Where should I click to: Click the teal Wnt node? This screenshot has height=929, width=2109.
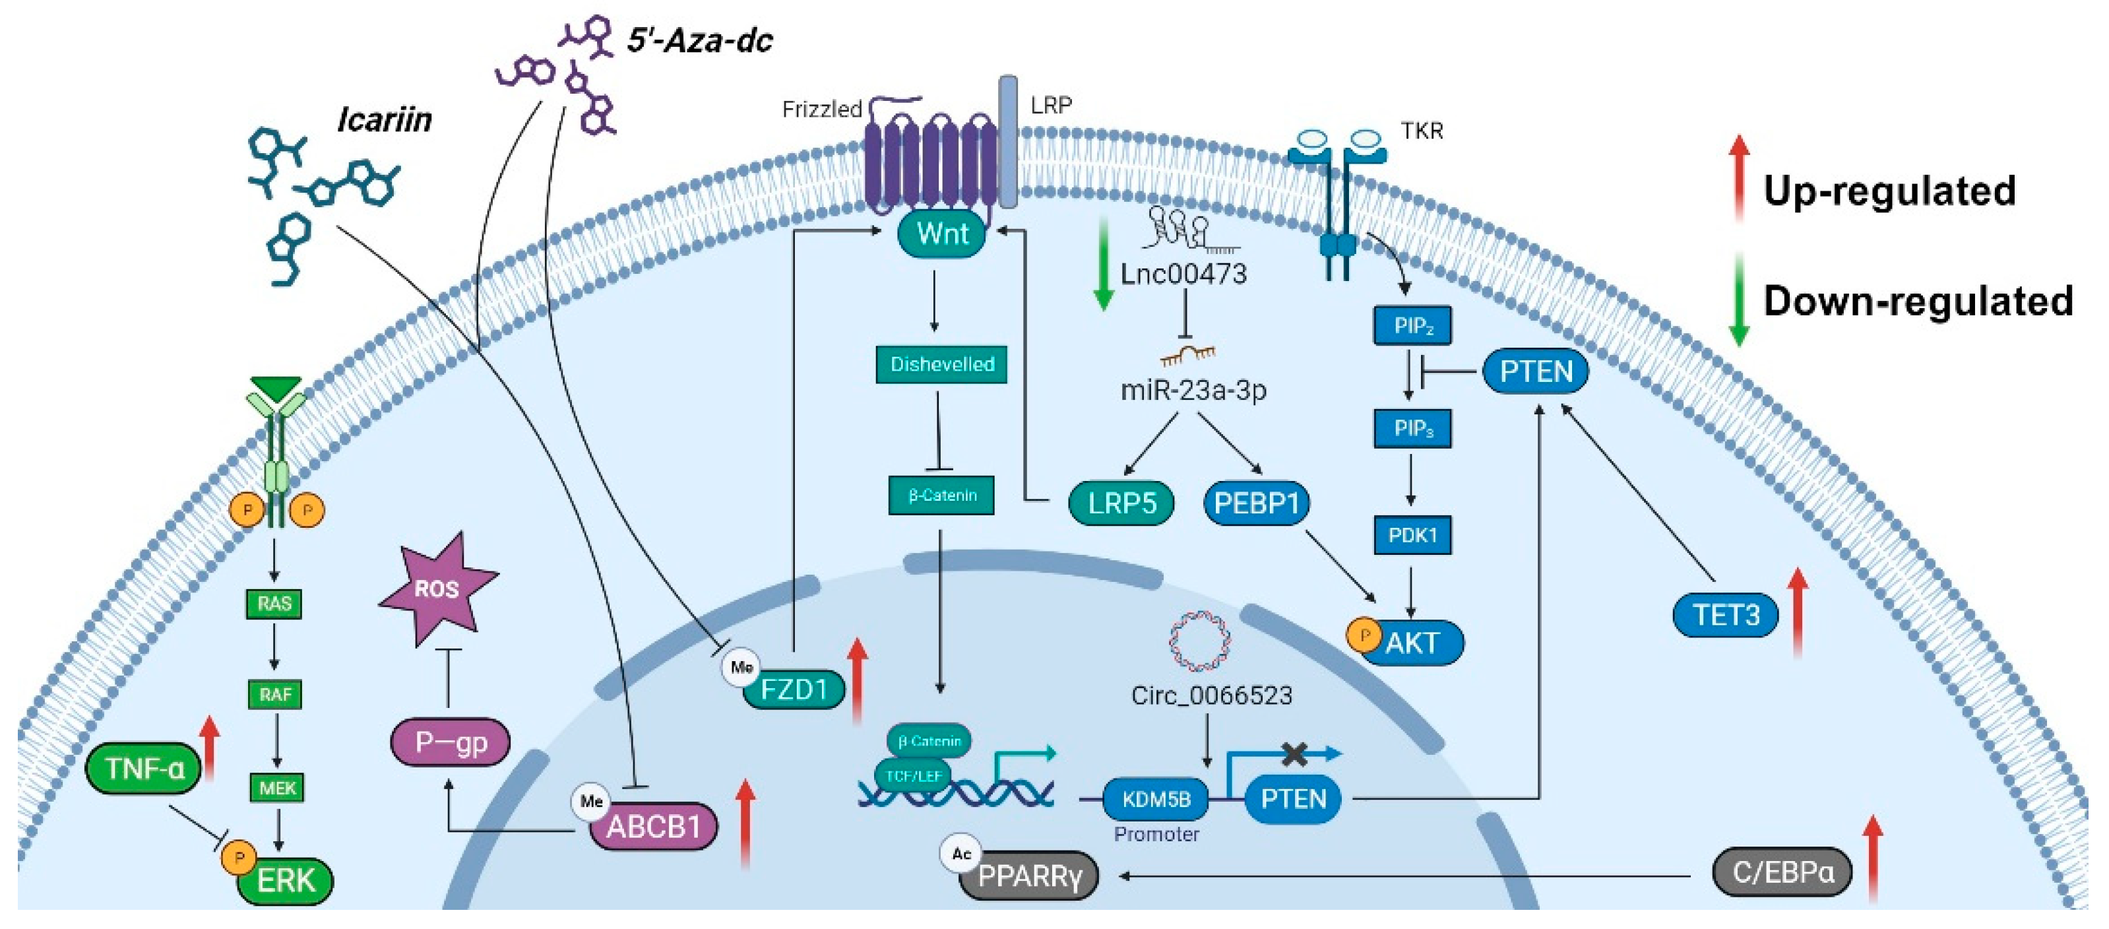point(941,234)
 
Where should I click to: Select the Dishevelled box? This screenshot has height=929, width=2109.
point(941,364)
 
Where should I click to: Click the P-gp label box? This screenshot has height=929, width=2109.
point(451,742)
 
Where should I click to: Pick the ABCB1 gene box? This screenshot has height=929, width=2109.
point(653,827)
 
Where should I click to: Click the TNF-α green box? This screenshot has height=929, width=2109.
point(144,769)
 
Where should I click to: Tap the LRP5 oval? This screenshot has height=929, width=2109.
point(1121,503)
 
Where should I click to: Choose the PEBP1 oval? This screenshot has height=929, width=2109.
point(1256,503)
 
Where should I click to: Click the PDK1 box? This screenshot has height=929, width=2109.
point(1412,535)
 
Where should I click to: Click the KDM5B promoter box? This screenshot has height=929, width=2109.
point(1155,799)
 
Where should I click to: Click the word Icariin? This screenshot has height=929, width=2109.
point(384,120)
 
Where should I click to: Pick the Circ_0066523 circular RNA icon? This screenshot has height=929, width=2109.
point(1199,640)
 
